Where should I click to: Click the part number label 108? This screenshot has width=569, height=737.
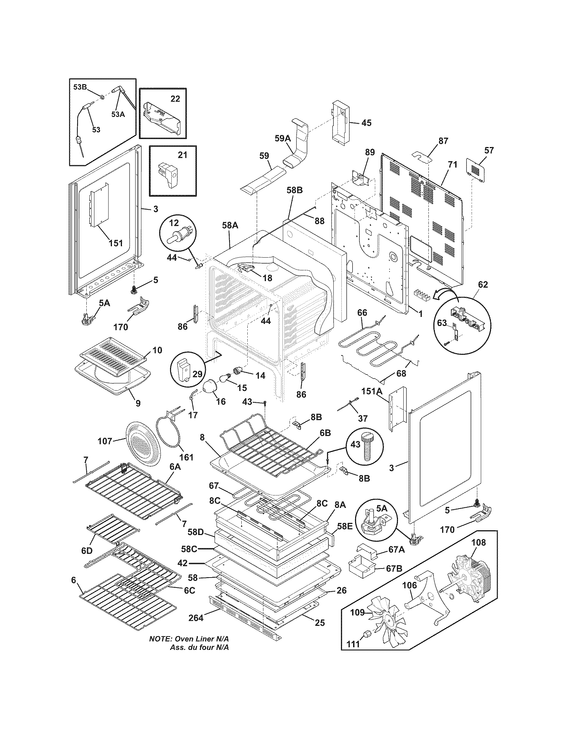[478, 542]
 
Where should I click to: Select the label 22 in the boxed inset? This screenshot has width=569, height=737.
[175, 99]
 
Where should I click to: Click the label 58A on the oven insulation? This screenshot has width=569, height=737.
[230, 225]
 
